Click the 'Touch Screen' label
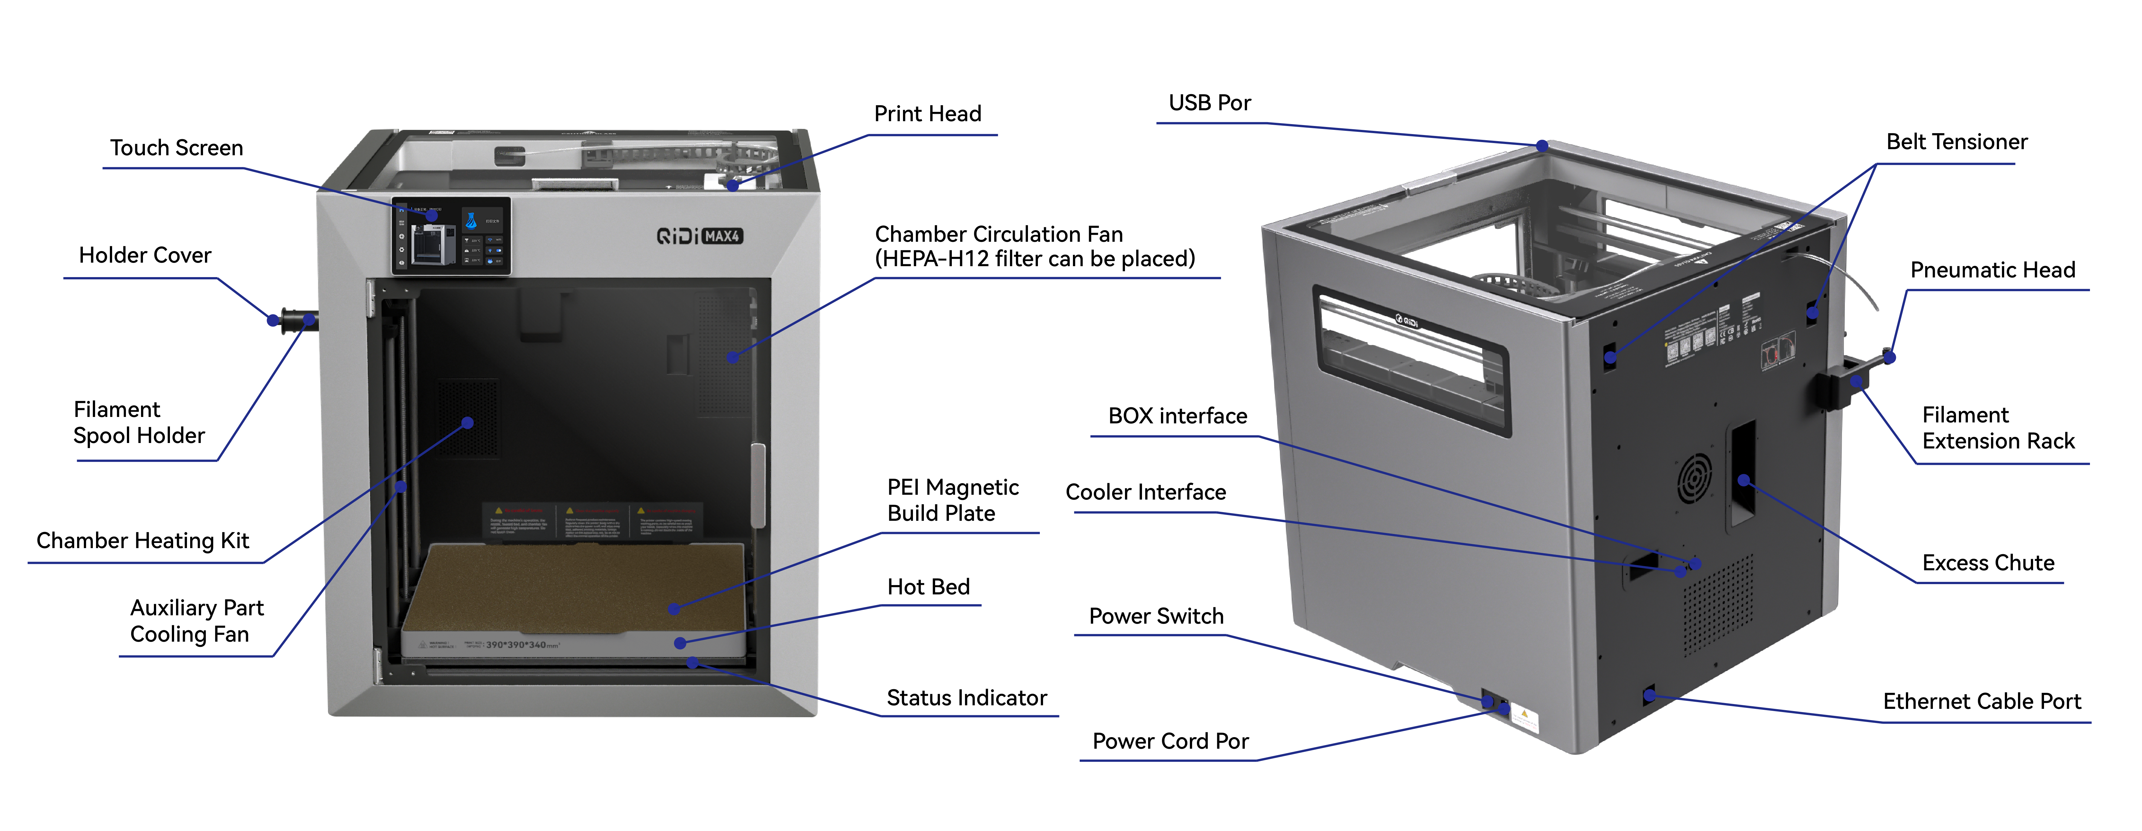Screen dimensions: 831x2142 (x=176, y=148)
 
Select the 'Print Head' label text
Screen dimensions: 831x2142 (x=927, y=114)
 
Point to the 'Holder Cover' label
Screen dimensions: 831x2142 (x=145, y=255)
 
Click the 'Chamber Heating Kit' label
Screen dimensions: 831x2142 (x=142, y=541)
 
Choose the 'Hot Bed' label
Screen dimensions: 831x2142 (x=928, y=587)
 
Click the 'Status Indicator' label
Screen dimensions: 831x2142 (x=966, y=698)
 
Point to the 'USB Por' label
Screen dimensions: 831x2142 (x=1209, y=103)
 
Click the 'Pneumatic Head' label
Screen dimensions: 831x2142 (x=1992, y=270)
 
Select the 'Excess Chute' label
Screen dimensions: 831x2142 (x=1987, y=563)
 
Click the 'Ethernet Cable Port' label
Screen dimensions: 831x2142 (x=1981, y=701)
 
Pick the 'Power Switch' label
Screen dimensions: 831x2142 (x=1156, y=616)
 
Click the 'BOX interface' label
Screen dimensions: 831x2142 (x=1177, y=416)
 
